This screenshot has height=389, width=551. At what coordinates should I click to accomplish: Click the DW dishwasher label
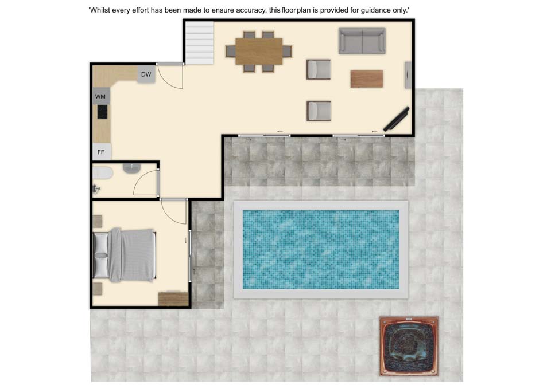tap(146, 74)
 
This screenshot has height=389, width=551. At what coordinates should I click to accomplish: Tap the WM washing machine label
tap(100, 96)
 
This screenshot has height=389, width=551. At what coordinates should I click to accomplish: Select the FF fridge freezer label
tap(101, 152)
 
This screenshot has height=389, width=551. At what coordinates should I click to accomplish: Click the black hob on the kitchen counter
tap(102, 112)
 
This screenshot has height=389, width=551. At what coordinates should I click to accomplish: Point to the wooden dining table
tap(259, 51)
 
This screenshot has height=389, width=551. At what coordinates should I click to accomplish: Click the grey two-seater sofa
tap(362, 41)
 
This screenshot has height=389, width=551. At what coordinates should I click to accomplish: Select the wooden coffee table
tap(367, 78)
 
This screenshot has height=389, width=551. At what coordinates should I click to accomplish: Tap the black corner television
tap(396, 119)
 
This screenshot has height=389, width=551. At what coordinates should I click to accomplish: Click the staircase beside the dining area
tap(199, 43)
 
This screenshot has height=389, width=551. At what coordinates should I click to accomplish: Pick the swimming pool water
tap(321, 249)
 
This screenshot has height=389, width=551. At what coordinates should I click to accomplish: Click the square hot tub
tap(409, 346)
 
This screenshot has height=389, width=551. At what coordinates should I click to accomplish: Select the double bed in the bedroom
tap(125, 255)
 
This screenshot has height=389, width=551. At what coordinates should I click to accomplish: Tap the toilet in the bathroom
tap(103, 173)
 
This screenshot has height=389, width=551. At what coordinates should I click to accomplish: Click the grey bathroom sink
tap(132, 168)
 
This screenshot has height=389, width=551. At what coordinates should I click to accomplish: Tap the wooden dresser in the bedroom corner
tap(173, 299)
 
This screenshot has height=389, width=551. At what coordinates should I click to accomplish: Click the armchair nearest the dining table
tap(319, 69)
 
